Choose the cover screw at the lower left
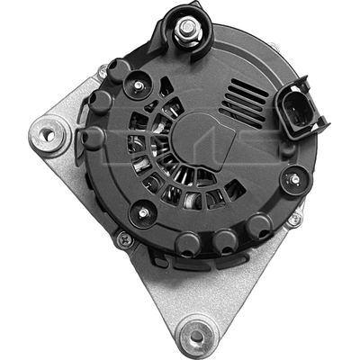pos(140,212)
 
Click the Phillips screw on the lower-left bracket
pos(124,238)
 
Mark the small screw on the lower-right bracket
pos(293,219)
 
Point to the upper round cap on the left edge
pos(98,102)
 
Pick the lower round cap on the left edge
pos(92,138)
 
